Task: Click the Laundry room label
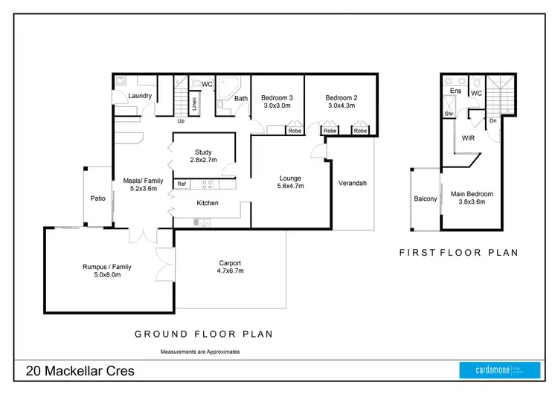point(140,96)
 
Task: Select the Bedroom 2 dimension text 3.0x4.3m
point(342,106)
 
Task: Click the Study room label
point(203,152)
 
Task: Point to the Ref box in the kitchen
point(182,184)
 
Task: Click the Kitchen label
point(207,202)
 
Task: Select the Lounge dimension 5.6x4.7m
point(290,186)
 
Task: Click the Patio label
point(98,199)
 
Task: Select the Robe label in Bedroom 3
point(295,131)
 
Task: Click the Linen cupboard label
point(194,105)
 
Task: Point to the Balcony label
point(426,199)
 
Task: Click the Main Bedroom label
point(472,195)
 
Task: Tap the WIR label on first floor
point(468,138)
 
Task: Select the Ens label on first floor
point(456,91)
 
